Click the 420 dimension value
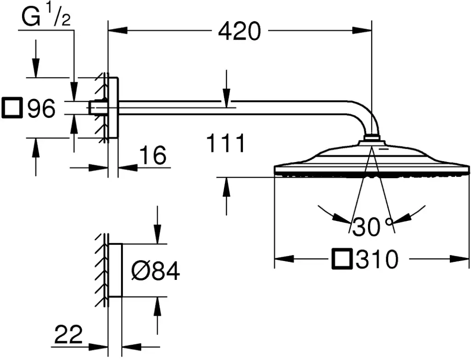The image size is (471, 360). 239,32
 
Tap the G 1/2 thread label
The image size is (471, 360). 46,17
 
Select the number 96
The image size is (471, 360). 41,108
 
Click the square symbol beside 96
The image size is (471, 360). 12,107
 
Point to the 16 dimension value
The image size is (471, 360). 153,155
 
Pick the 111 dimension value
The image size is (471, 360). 226,143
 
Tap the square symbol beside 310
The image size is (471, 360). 342,258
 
